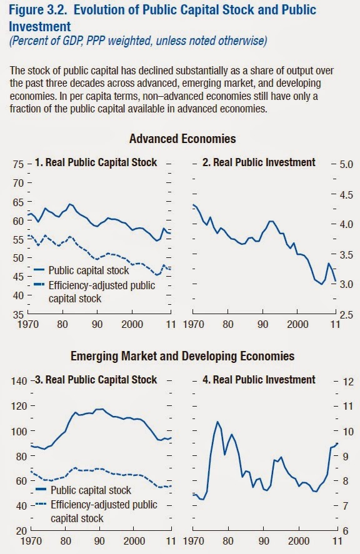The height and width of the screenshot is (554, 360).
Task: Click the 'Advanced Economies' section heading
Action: coord(182,139)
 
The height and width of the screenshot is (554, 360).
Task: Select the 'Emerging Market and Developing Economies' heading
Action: coord(182,356)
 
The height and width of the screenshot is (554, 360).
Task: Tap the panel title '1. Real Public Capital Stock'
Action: coord(96,162)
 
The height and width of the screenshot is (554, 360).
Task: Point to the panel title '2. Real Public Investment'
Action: coord(259,162)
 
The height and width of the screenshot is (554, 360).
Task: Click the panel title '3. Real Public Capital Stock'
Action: coord(96,380)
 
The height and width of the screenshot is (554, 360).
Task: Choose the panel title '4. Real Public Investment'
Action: coord(259,380)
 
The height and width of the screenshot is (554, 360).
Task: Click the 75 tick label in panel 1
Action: coord(18,165)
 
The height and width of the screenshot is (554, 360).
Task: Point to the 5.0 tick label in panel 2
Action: coord(346,165)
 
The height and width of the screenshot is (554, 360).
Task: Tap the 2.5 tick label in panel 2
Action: coord(346,314)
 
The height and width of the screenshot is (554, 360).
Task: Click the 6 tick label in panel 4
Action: coord(346,531)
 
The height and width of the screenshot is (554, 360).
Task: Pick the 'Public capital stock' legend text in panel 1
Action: coord(88,270)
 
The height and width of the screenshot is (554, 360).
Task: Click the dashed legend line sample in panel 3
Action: coord(41,504)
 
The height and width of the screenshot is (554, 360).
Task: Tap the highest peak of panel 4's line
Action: coord(217,422)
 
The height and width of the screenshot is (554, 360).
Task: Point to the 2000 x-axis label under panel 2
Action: coord(297,324)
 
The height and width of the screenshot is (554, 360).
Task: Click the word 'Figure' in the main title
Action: coord(26,10)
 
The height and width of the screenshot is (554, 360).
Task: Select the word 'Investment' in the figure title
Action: coord(39,26)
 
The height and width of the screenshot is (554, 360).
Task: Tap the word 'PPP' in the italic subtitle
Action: coord(95,41)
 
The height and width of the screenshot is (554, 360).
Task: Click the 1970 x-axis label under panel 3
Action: coord(31,541)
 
